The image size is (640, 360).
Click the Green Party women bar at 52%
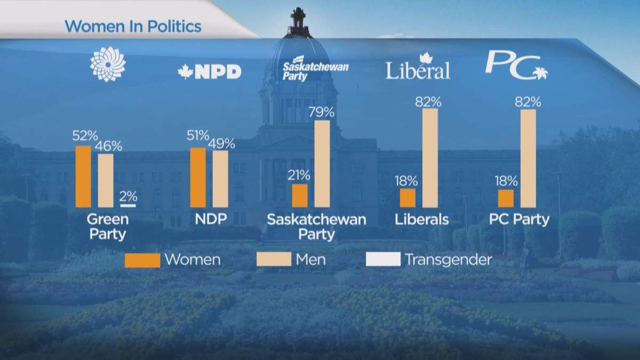pyautogui.click(x=83, y=176)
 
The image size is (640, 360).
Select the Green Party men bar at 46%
pyautogui.click(x=106, y=180)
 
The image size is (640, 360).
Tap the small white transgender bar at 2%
pyautogui.click(x=128, y=205)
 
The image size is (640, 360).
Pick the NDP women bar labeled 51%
pyautogui.click(x=198, y=177)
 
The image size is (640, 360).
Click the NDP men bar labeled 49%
pyautogui.click(x=220, y=179)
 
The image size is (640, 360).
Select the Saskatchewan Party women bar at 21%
pyautogui.click(x=300, y=195)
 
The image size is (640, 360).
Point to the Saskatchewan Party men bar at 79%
pyautogui.click(x=322, y=163)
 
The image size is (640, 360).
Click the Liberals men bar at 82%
pyautogui.click(x=430, y=158)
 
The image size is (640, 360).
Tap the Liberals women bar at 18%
pyautogui.click(x=407, y=197)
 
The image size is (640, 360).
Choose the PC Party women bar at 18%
pyautogui.click(x=506, y=197)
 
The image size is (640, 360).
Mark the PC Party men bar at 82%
pyautogui.click(x=528, y=158)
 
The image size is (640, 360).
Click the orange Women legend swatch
pyautogui.click(x=142, y=260)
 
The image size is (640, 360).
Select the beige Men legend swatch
pyautogui.click(x=274, y=260)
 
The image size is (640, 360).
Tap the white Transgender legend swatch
pyautogui.click(x=382, y=260)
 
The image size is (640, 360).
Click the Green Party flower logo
pyautogui.click(x=108, y=64)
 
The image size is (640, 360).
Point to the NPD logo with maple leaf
pyautogui.click(x=209, y=72)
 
